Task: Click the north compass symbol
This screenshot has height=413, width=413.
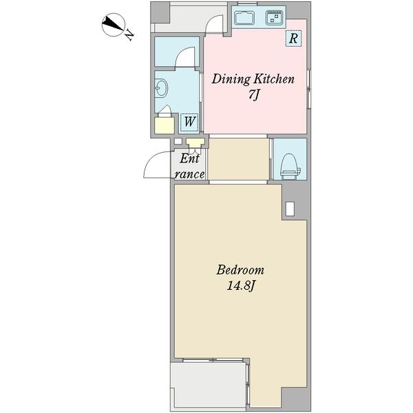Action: point(113,24)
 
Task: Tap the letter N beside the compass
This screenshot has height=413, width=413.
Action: point(129,35)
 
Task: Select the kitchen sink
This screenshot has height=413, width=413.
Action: point(244,18)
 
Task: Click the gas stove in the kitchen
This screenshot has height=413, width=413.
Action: point(274,18)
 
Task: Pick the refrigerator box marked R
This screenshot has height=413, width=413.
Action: point(293,39)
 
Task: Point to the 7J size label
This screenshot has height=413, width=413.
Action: point(253,95)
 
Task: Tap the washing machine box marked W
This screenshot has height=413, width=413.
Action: point(189,123)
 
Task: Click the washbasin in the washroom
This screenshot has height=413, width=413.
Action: point(161,88)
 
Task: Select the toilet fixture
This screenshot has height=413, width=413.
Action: point(290,165)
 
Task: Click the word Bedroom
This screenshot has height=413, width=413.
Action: point(240,271)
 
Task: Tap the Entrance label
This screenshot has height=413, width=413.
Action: point(190,167)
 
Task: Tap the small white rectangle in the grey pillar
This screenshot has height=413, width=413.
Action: point(290,209)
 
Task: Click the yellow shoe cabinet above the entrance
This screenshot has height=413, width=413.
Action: point(195,143)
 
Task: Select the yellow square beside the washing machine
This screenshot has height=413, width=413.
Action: point(165,125)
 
